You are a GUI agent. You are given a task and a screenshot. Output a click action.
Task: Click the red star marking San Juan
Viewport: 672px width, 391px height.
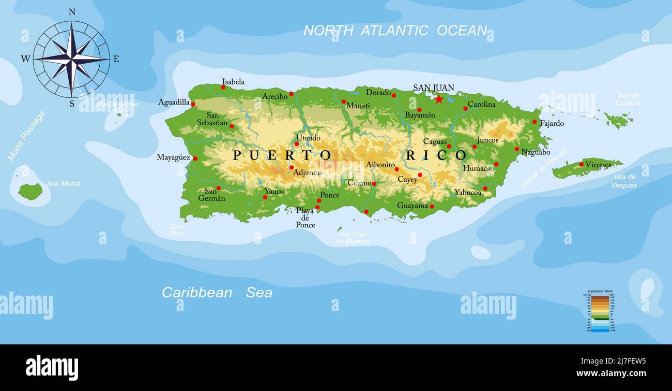coord(439,99)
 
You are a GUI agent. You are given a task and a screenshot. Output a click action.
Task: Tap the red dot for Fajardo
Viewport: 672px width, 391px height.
coord(534,122)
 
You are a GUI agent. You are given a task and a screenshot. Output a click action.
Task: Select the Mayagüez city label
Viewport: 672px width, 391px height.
coord(173,157)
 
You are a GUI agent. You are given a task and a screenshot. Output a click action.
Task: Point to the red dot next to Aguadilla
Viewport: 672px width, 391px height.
coord(193,104)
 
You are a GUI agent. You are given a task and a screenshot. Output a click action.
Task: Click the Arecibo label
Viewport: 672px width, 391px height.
coord(274,96)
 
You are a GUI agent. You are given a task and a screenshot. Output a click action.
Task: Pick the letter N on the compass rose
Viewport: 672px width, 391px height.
coord(72,12)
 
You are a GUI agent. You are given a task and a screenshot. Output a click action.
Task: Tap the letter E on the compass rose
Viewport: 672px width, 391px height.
coord(116,59)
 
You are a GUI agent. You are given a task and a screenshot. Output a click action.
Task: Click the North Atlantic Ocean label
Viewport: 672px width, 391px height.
coord(395,31)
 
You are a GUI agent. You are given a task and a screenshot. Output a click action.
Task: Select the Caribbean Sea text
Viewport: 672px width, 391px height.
coord(217,293)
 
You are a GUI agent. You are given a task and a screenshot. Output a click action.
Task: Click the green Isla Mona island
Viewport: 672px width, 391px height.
coord(30,191)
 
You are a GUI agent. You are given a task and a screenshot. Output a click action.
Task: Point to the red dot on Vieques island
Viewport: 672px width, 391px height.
coord(581,165)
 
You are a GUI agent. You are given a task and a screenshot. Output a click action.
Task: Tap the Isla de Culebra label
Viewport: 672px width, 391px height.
coord(628,99)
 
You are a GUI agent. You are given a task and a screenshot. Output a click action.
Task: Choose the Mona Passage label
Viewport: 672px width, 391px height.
coord(26,136)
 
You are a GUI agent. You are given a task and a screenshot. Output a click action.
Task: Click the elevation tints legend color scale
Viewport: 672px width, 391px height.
coord(600,313)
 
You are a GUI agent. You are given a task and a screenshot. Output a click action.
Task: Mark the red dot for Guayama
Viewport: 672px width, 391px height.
coord(432,206)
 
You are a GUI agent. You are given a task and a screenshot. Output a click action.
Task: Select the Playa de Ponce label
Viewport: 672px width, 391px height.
coord(305,218)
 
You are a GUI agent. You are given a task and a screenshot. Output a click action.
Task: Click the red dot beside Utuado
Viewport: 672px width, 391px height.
coord(297,144)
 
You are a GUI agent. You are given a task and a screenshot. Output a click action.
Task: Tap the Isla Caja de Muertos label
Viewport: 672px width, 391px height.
coord(353,238)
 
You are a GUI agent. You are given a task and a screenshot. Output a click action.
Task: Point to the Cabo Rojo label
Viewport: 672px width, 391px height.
coord(177,230)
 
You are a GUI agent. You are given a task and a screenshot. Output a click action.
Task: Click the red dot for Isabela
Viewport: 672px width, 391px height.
coord(223,87)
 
